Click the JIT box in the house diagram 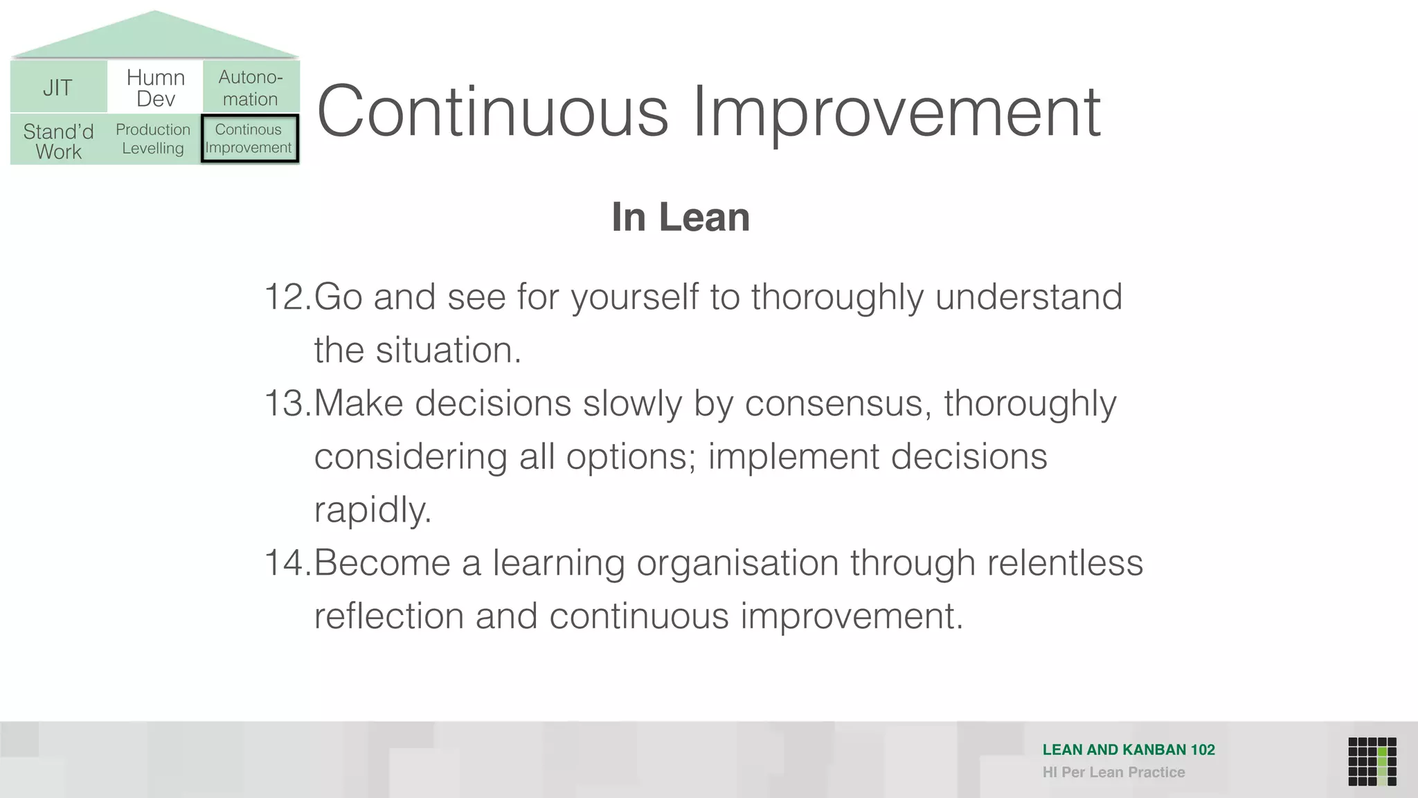pos(58,87)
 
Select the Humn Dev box pos(155,87)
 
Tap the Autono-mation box pos(251,87)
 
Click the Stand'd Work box pos(58,141)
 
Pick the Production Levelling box pos(153,139)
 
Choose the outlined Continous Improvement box pos(249,139)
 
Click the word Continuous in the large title pos(492,112)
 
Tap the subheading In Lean pos(681,217)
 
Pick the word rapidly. pos(373,511)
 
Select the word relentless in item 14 pos(1065,562)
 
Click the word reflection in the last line pos(388,616)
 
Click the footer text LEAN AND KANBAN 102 pos(1129,750)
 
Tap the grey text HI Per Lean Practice pos(1113,772)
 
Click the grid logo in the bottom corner pos(1372,761)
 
